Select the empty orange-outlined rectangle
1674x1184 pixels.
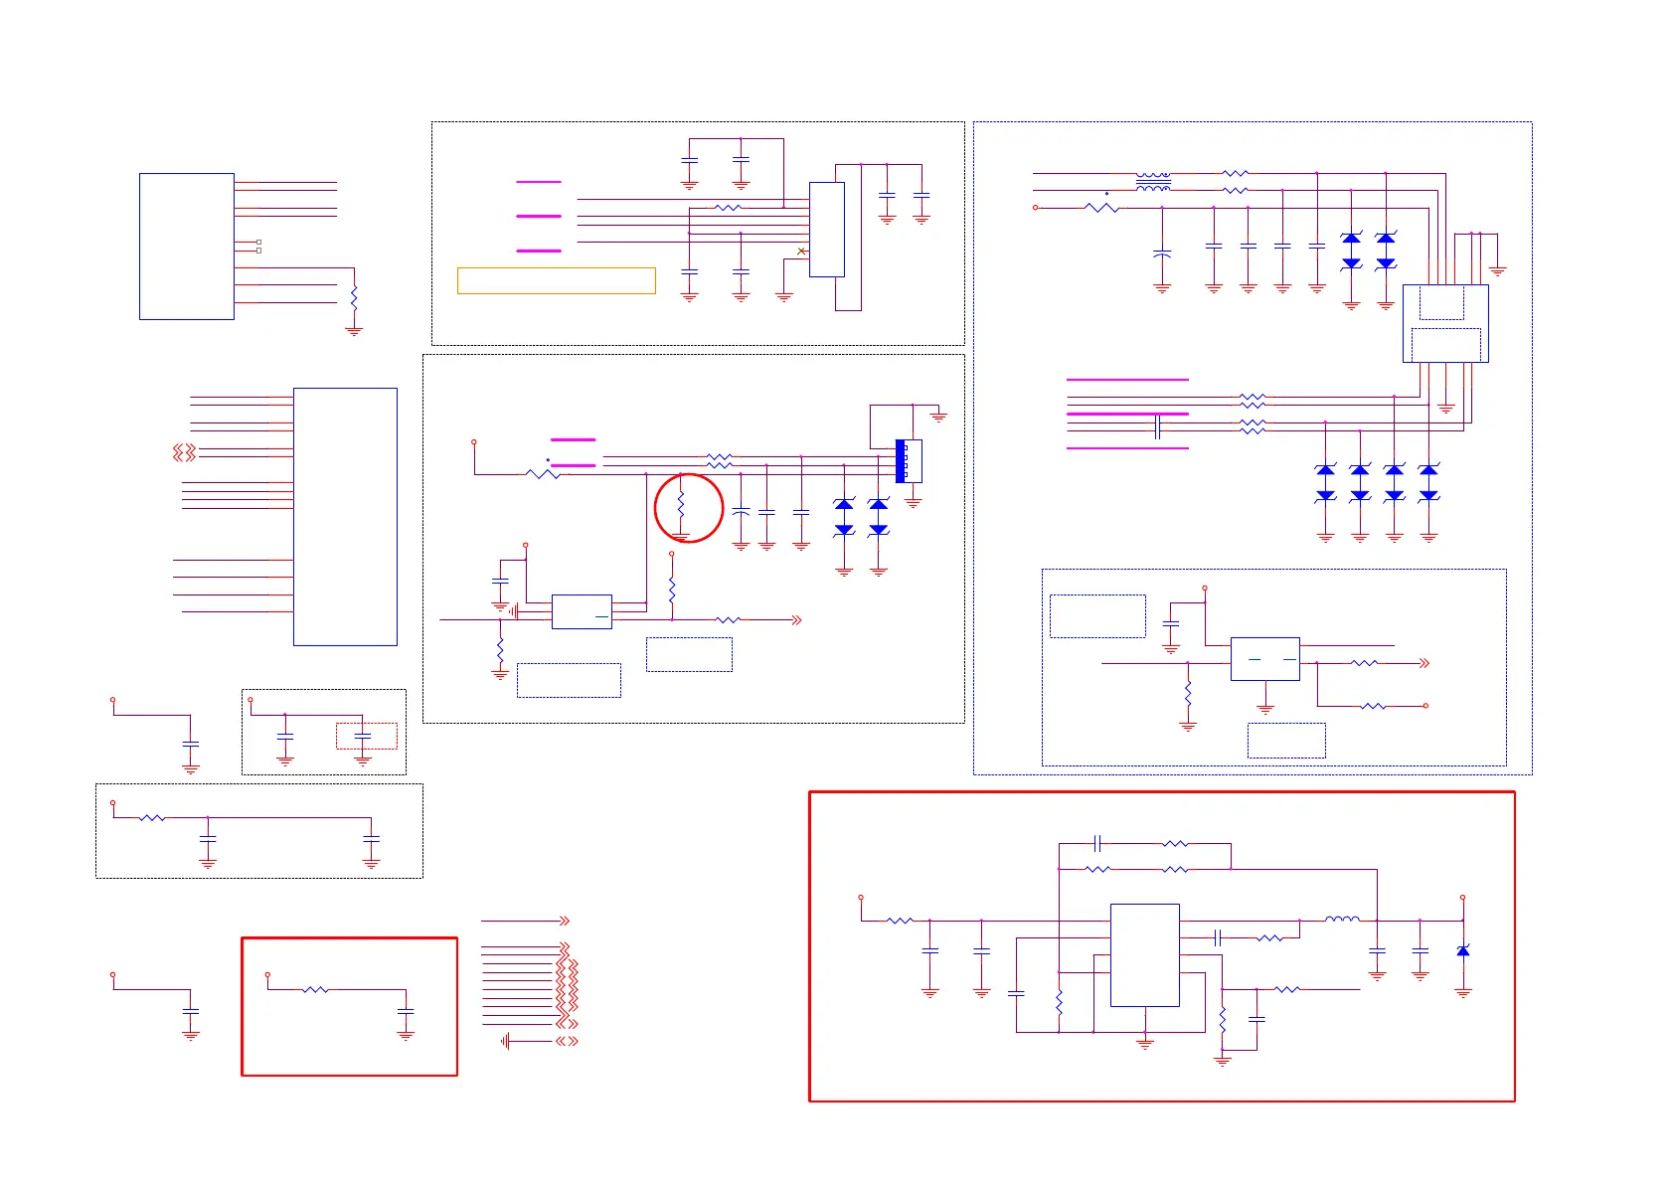click(556, 280)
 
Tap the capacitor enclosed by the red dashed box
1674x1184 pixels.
click(363, 736)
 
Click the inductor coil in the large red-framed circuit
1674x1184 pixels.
click(1342, 920)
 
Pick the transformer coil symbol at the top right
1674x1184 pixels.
click(1152, 182)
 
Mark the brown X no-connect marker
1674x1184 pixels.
click(801, 252)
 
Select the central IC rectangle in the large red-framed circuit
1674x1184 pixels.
click(1144, 954)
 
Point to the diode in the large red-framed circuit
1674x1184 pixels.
click(1462, 951)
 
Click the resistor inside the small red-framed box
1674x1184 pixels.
click(315, 989)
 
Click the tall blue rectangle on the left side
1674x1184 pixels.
click(345, 516)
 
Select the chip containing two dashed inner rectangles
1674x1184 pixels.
click(1444, 323)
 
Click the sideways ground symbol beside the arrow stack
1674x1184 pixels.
click(506, 1041)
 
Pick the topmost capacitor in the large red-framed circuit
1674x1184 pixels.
click(1097, 843)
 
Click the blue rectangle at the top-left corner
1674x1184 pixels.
click(187, 247)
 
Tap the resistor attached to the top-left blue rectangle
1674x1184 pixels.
click(354, 296)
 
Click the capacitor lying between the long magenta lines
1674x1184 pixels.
click(1158, 427)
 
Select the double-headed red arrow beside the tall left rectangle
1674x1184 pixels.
click(184, 452)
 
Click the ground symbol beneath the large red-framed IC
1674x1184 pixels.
click(1145, 1043)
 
